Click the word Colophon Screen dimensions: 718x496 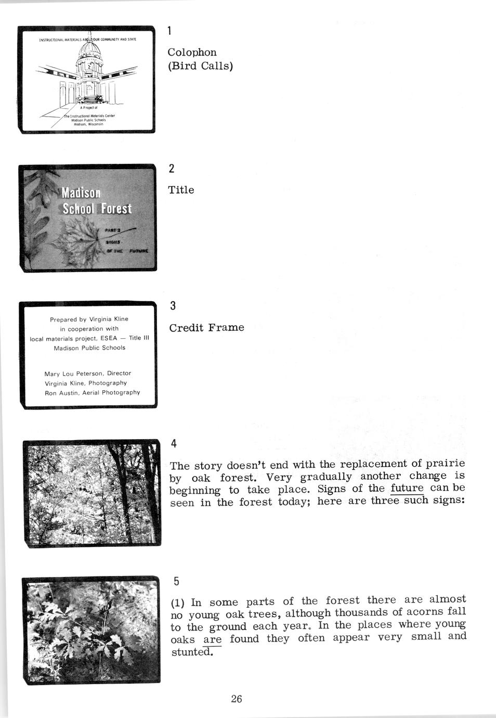192,53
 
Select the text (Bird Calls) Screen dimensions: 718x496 200,66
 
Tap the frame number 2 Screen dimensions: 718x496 172,168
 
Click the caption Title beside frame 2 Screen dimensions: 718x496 181,190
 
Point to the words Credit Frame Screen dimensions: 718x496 206,328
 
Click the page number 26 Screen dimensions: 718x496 237,699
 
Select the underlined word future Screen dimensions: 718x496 407,489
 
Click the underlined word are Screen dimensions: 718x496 212,639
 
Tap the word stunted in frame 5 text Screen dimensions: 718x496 191,652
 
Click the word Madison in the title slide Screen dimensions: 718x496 81,193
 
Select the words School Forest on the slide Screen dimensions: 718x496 97,209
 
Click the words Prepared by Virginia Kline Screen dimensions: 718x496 89,319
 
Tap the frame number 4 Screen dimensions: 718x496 174,443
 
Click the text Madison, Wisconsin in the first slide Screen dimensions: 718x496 88,125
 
